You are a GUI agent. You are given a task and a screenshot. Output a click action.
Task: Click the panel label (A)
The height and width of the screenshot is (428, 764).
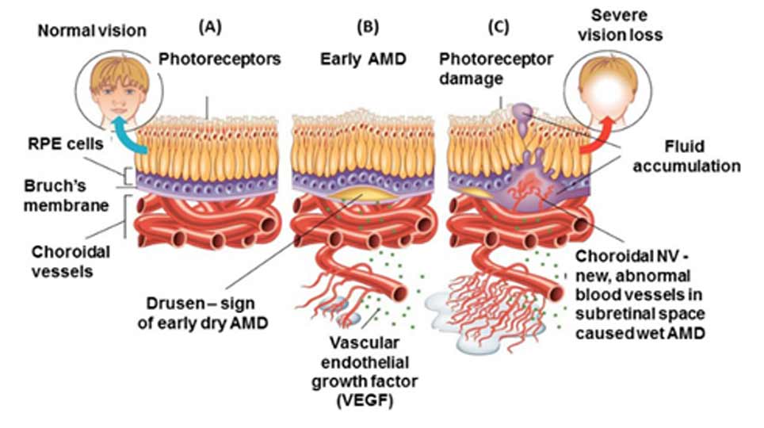click(x=209, y=27)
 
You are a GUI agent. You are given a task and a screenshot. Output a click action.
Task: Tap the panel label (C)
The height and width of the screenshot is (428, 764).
click(x=498, y=27)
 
